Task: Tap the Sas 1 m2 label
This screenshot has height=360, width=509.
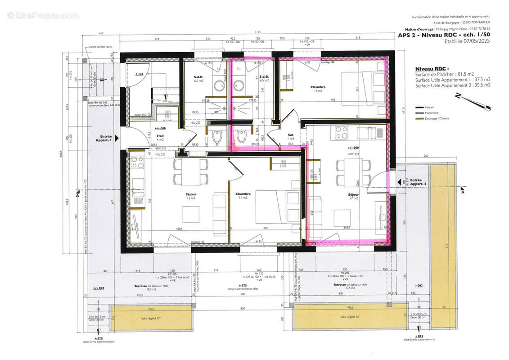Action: click(x=291, y=136)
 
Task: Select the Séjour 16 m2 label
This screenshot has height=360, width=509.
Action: click(x=191, y=196)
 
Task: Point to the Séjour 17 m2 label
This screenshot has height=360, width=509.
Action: click(x=353, y=196)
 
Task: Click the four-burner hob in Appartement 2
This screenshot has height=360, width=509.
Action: click(x=340, y=133)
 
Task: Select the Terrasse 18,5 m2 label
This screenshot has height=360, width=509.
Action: click(x=147, y=288)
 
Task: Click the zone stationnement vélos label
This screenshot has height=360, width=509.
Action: click(x=243, y=288)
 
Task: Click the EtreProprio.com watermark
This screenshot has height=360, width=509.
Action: click(x=43, y=15)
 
